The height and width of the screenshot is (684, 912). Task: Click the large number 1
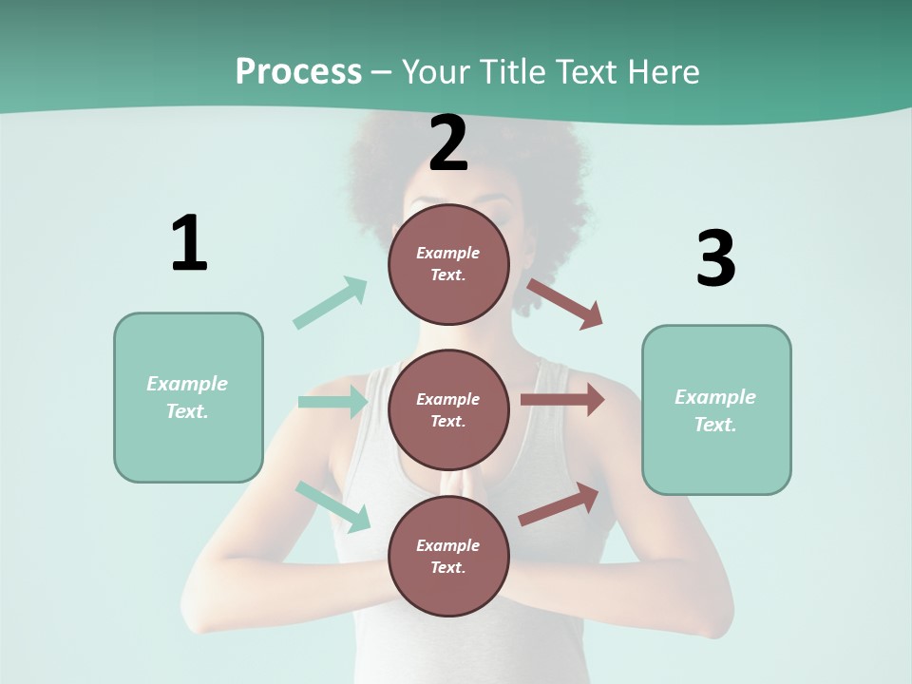189,243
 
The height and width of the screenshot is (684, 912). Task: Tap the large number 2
448,143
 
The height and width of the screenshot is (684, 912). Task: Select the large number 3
715,259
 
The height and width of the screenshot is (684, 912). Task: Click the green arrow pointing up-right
331,302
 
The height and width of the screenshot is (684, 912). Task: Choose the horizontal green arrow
332,402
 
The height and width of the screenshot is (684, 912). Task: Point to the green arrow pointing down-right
332,505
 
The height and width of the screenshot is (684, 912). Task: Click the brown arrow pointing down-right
565,304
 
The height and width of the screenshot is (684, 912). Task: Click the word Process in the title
298,71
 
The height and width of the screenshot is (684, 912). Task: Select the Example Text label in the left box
187,397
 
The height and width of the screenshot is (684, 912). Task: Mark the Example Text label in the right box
715,410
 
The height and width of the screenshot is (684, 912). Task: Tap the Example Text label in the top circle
448,264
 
